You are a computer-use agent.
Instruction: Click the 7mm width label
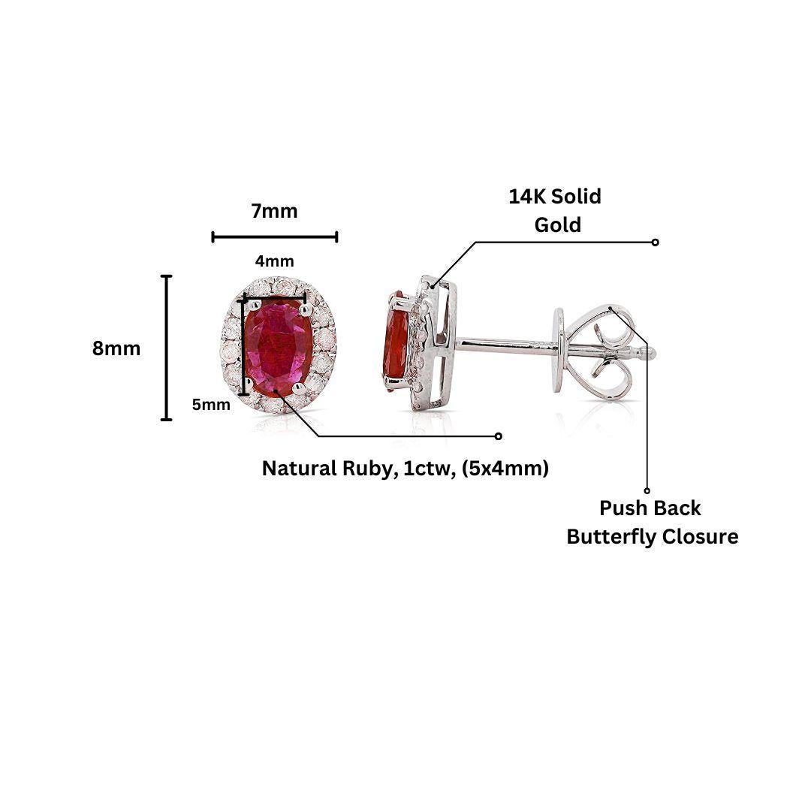click(x=274, y=212)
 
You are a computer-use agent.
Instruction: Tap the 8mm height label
click(x=116, y=348)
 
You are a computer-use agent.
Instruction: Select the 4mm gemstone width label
click(x=274, y=261)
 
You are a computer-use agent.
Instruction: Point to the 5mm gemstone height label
click(x=211, y=405)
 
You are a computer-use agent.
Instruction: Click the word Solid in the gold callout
click(x=576, y=197)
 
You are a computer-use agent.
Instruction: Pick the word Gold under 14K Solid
click(x=557, y=225)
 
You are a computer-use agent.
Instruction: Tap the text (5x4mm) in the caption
click(x=505, y=469)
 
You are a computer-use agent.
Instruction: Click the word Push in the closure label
click(x=619, y=508)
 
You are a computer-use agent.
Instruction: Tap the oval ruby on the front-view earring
click(x=277, y=344)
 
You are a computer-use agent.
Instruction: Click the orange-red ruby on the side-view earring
click(x=396, y=339)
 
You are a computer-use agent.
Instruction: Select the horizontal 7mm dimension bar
click(x=275, y=237)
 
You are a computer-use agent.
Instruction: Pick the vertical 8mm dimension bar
click(x=166, y=348)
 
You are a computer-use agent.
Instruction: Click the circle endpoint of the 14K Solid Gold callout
click(x=655, y=242)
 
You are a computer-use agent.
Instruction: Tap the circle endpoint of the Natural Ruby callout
click(x=498, y=436)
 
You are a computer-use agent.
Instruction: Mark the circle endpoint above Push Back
click(x=647, y=490)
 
